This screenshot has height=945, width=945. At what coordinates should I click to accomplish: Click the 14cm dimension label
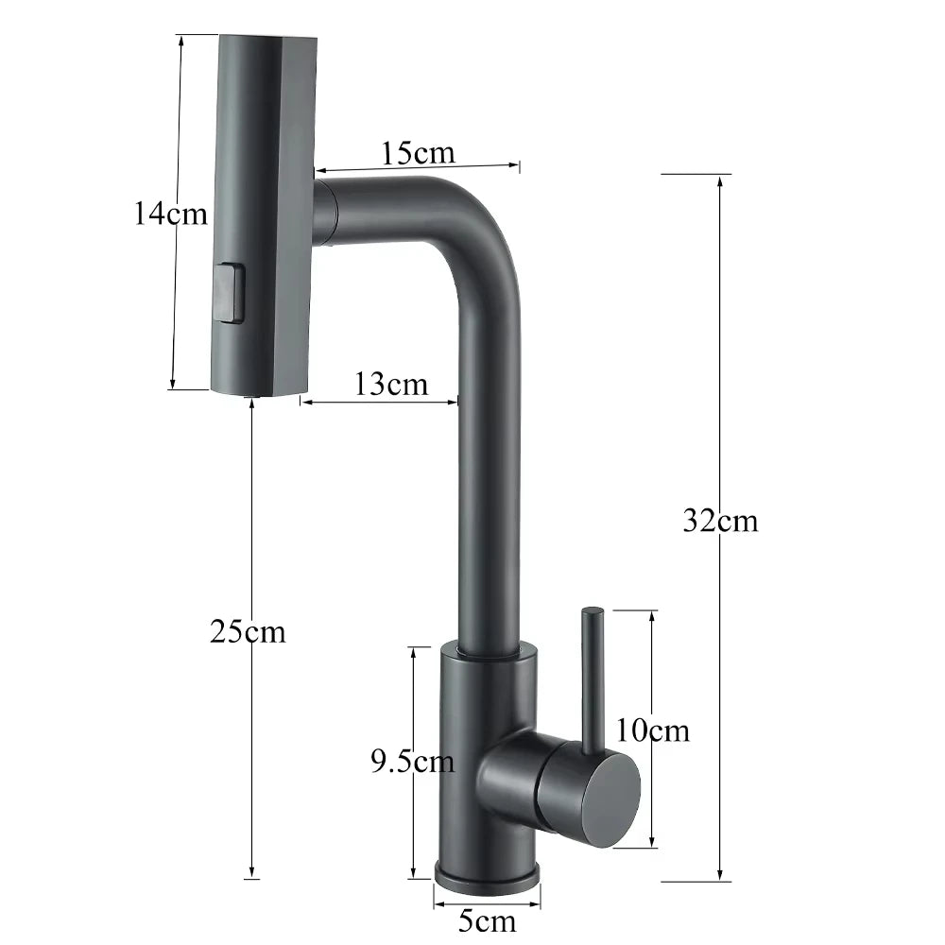[x=170, y=214]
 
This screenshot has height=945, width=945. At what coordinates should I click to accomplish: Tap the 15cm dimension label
[x=418, y=151]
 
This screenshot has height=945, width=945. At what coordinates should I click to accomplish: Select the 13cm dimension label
[x=391, y=384]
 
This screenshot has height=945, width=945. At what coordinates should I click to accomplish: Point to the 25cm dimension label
[x=248, y=631]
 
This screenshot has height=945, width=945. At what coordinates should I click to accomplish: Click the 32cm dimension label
[x=720, y=520]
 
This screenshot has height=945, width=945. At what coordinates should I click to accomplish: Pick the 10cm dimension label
[x=652, y=730]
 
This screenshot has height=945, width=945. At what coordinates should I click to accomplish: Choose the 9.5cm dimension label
[x=411, y=761]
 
